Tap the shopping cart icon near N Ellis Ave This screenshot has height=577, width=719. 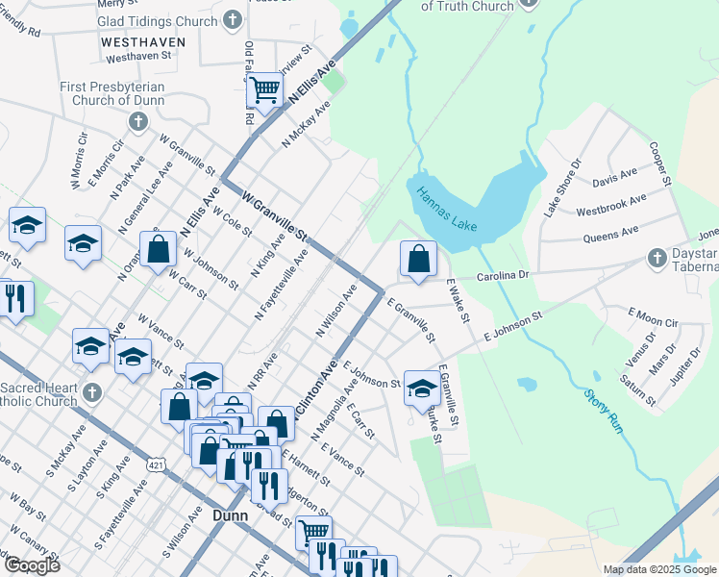click(264, 90)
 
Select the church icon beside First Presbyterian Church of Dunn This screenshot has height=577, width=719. click(138, 122)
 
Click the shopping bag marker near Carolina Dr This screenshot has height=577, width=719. click(418, 258)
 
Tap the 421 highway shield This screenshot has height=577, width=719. click(155, 464)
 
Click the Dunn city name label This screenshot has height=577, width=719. click(229, 515)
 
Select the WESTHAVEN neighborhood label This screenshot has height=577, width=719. click(138, 43)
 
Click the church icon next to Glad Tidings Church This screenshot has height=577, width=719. click(232, 19)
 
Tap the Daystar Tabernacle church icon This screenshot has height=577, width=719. click(657, 258)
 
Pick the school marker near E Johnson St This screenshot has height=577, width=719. click(421, 388)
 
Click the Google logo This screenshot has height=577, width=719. click(32, 565)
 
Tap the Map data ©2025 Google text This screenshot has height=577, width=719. click(658, 569)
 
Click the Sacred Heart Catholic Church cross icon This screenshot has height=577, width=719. click(92, 392)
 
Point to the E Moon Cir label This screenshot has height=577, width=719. click(653, 317)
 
